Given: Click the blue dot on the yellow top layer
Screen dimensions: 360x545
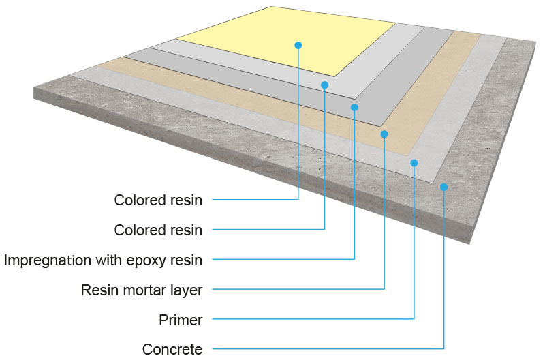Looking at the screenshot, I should [x=298, y=45].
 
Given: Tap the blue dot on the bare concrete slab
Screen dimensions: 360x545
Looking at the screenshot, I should [x=443, y=187].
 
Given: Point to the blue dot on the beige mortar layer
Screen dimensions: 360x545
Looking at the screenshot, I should [x=384, y=134].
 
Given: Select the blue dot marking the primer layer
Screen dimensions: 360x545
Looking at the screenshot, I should [x=414, y=162].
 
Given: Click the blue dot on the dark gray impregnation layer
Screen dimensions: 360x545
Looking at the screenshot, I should [x=354, y=107].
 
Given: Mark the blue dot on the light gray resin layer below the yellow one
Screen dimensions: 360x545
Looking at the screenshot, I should [x=325, y=85].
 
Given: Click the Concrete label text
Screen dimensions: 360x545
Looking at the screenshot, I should [x=172, y=350].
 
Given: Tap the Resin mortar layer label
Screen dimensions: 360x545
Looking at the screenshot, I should [x=142, y=290].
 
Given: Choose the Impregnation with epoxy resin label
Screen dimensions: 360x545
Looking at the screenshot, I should [x=104, y=260].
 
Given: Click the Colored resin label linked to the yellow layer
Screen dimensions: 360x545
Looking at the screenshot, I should [x=158, y=200].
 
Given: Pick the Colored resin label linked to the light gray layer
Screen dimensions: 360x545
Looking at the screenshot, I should [x=158, y=230].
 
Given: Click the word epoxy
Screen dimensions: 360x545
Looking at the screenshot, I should [x=146, y=260].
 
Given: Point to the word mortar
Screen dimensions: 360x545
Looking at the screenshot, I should [x=145, y=290].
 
